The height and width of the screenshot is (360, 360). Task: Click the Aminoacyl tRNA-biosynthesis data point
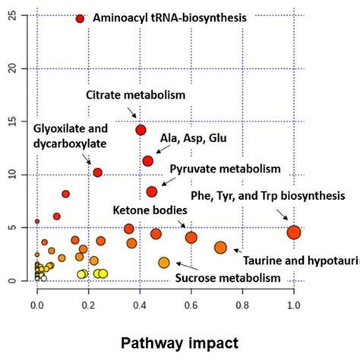point(80,18)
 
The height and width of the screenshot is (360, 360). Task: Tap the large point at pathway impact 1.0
point(294,232)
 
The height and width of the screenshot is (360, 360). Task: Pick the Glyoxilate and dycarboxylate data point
point(97,172)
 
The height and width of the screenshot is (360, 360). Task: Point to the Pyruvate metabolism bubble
point(152,191)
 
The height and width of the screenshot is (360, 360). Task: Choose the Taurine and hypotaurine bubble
point(220,248)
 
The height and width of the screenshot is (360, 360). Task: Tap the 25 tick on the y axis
point(9,15)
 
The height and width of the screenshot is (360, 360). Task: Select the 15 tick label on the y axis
point(9,122)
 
